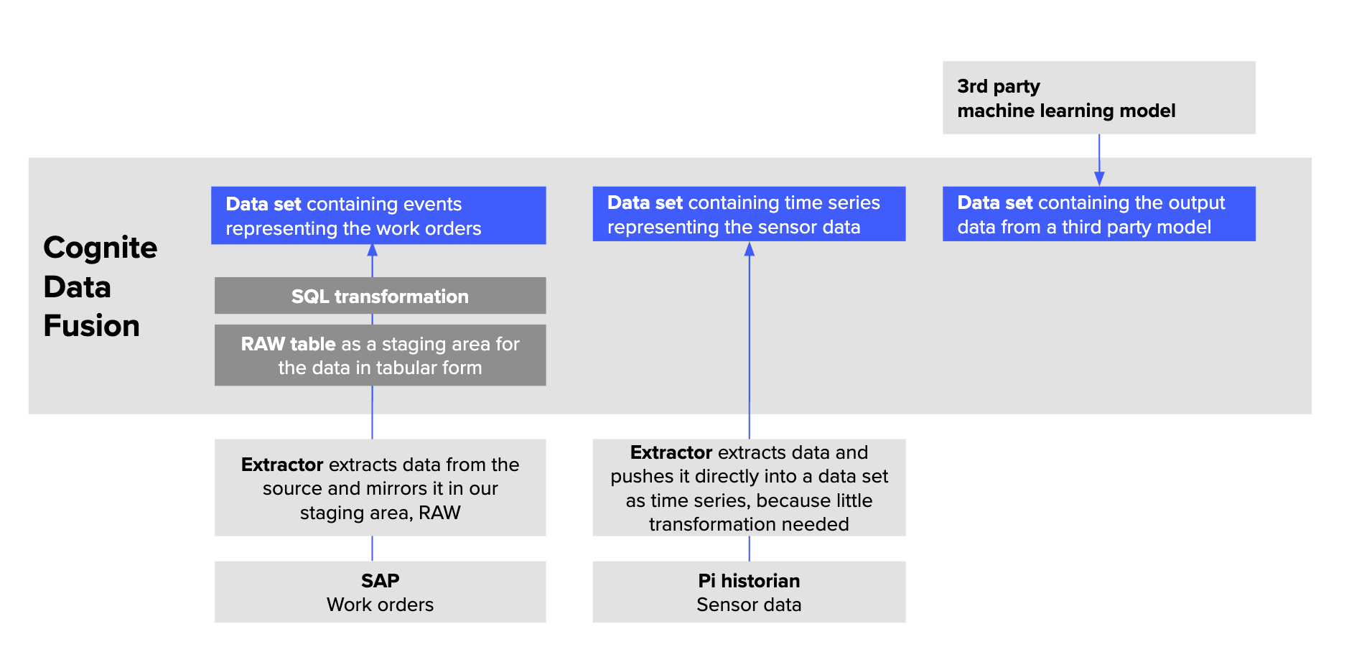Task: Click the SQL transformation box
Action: [x=380, y=296]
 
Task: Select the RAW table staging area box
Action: [x=380, y=355]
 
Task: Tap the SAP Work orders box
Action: [x=380, y=592]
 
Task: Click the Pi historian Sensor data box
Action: [x=749, y=592]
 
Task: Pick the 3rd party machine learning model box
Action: [x=1098, y=98]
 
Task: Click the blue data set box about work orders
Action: [x=378, y=215]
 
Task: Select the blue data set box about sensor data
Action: [x=749, y=214]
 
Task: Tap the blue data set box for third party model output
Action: [x=1098, y=214]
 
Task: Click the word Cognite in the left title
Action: [x=100, y=248]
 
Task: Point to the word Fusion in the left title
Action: [x=91, y=326]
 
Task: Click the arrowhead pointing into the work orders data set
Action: [x=372, y=251]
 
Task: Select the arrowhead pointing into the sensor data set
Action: [x=750, y=249]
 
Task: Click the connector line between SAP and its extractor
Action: [x=372, y=549]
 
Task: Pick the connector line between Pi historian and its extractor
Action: [x=750, y=549]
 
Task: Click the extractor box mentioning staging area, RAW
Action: [x=380, y=488]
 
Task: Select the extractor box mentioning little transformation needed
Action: [x=749, y=488]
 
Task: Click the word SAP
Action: [x=380, y=580]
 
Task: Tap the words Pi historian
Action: [x=749, y=580]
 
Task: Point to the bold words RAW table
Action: [x=288, y=344]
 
